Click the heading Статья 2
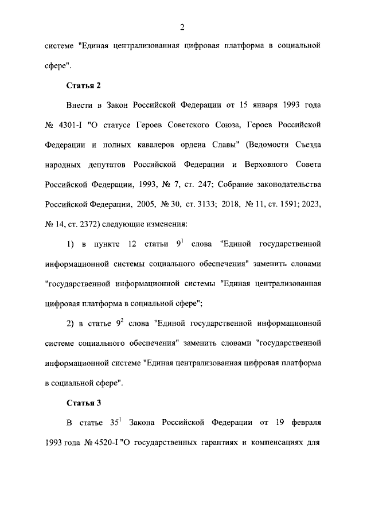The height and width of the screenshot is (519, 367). (84, 85)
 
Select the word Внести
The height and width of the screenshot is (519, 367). (79, 107)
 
